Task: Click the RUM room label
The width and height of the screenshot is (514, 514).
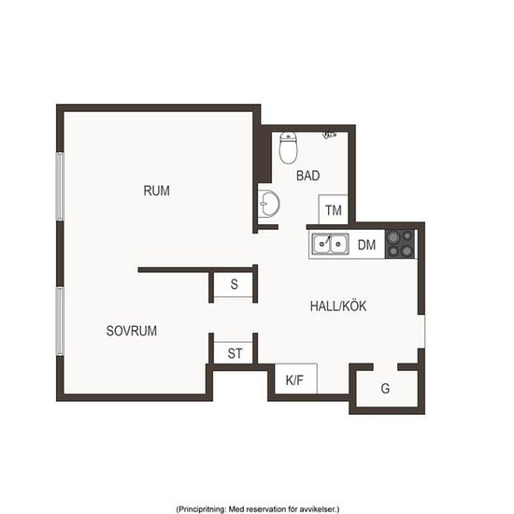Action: (156, 191)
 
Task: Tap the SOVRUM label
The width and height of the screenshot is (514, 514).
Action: (132, 331)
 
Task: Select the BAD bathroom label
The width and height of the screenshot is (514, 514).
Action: (307, 176)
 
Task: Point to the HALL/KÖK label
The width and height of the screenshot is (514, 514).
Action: (338, 306)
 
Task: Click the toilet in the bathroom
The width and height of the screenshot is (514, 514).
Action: (289, 148)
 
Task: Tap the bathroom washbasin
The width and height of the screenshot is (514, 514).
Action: (269, 204)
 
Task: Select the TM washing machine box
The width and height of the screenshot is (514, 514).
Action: (333, 209)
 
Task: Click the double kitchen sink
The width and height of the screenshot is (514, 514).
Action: (330, 244)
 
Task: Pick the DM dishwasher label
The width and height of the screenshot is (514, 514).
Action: (366, 245)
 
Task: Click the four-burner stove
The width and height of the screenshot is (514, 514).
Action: (400, 244)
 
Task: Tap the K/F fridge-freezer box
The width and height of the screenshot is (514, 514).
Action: (295, 378)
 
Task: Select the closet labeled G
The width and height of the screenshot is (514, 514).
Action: (387, 389)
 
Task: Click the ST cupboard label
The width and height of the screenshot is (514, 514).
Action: (235, 353)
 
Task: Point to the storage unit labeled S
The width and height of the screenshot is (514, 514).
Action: (234, 284)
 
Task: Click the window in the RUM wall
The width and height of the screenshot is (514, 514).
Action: (60, 186)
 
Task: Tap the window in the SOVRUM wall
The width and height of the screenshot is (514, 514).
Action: (60, 321)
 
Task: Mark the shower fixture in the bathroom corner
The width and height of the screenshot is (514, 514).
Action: (330, 135)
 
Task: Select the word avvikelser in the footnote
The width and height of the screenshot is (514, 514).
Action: (318, 509)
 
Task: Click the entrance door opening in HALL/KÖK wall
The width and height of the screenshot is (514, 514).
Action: (421, 331)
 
